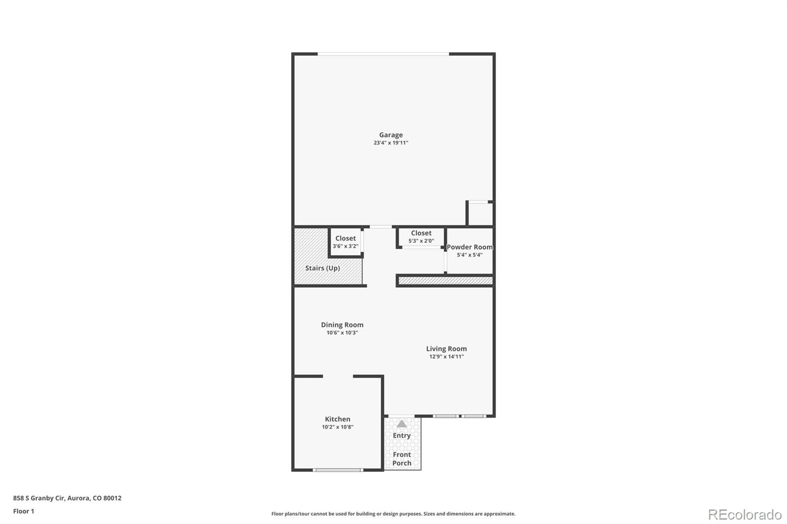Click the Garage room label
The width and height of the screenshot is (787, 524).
[x=391, y=135]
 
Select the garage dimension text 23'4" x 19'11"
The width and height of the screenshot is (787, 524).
[x=391, y=143]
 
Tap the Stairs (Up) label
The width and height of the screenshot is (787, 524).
[x=322, y=268]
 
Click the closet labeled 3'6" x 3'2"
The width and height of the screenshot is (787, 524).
[x=345, y=242]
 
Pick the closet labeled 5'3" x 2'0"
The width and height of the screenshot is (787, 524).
[x=421, y=236]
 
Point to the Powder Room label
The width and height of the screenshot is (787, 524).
[x=469, y=247]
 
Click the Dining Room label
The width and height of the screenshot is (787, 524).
[x=342, y=325]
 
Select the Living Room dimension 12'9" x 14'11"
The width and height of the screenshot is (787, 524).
[x=446, y=357]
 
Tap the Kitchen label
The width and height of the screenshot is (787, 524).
[x=337, y=419]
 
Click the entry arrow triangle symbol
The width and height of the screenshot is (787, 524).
[x=402, y=424]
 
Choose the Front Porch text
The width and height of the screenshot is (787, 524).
[x=402, y=459]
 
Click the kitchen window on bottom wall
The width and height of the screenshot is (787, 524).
[x=338, y=470]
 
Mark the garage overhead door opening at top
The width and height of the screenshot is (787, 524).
[x=383, y=54]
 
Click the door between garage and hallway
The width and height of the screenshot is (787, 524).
[x=380, y=227]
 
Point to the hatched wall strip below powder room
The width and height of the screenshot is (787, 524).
[x=445, y=281]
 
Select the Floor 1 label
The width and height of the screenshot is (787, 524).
[x=24, y=511]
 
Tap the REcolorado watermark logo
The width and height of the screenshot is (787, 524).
[x=744, y=515]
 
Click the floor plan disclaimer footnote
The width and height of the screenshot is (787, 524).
[x=393, y=514]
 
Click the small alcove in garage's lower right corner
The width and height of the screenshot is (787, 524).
[x=480, y=213]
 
